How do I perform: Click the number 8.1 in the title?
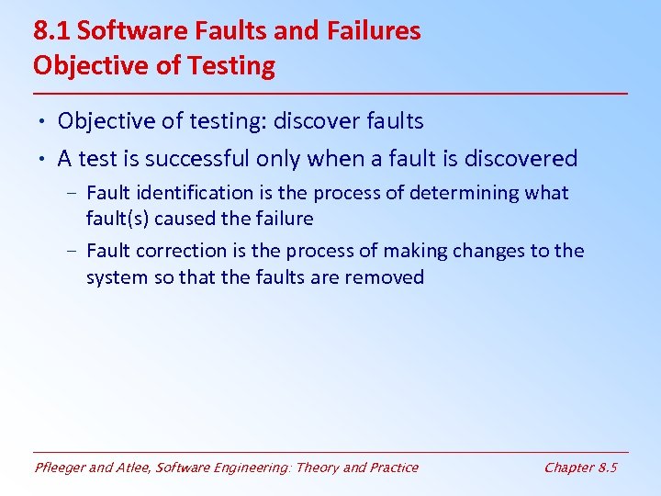(51, 31)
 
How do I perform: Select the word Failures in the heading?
(372, 31)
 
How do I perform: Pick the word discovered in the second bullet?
(521, 159)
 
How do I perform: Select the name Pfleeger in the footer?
(62, 468)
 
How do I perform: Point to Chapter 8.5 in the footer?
(580, 468)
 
